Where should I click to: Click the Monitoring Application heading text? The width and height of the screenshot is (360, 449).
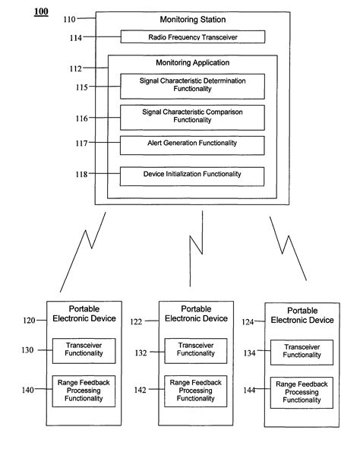[x=192, y=63]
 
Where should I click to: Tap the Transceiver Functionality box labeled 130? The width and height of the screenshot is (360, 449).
[x=83, y=350]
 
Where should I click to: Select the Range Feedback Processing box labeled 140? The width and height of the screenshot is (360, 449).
[x=83, y=390]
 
